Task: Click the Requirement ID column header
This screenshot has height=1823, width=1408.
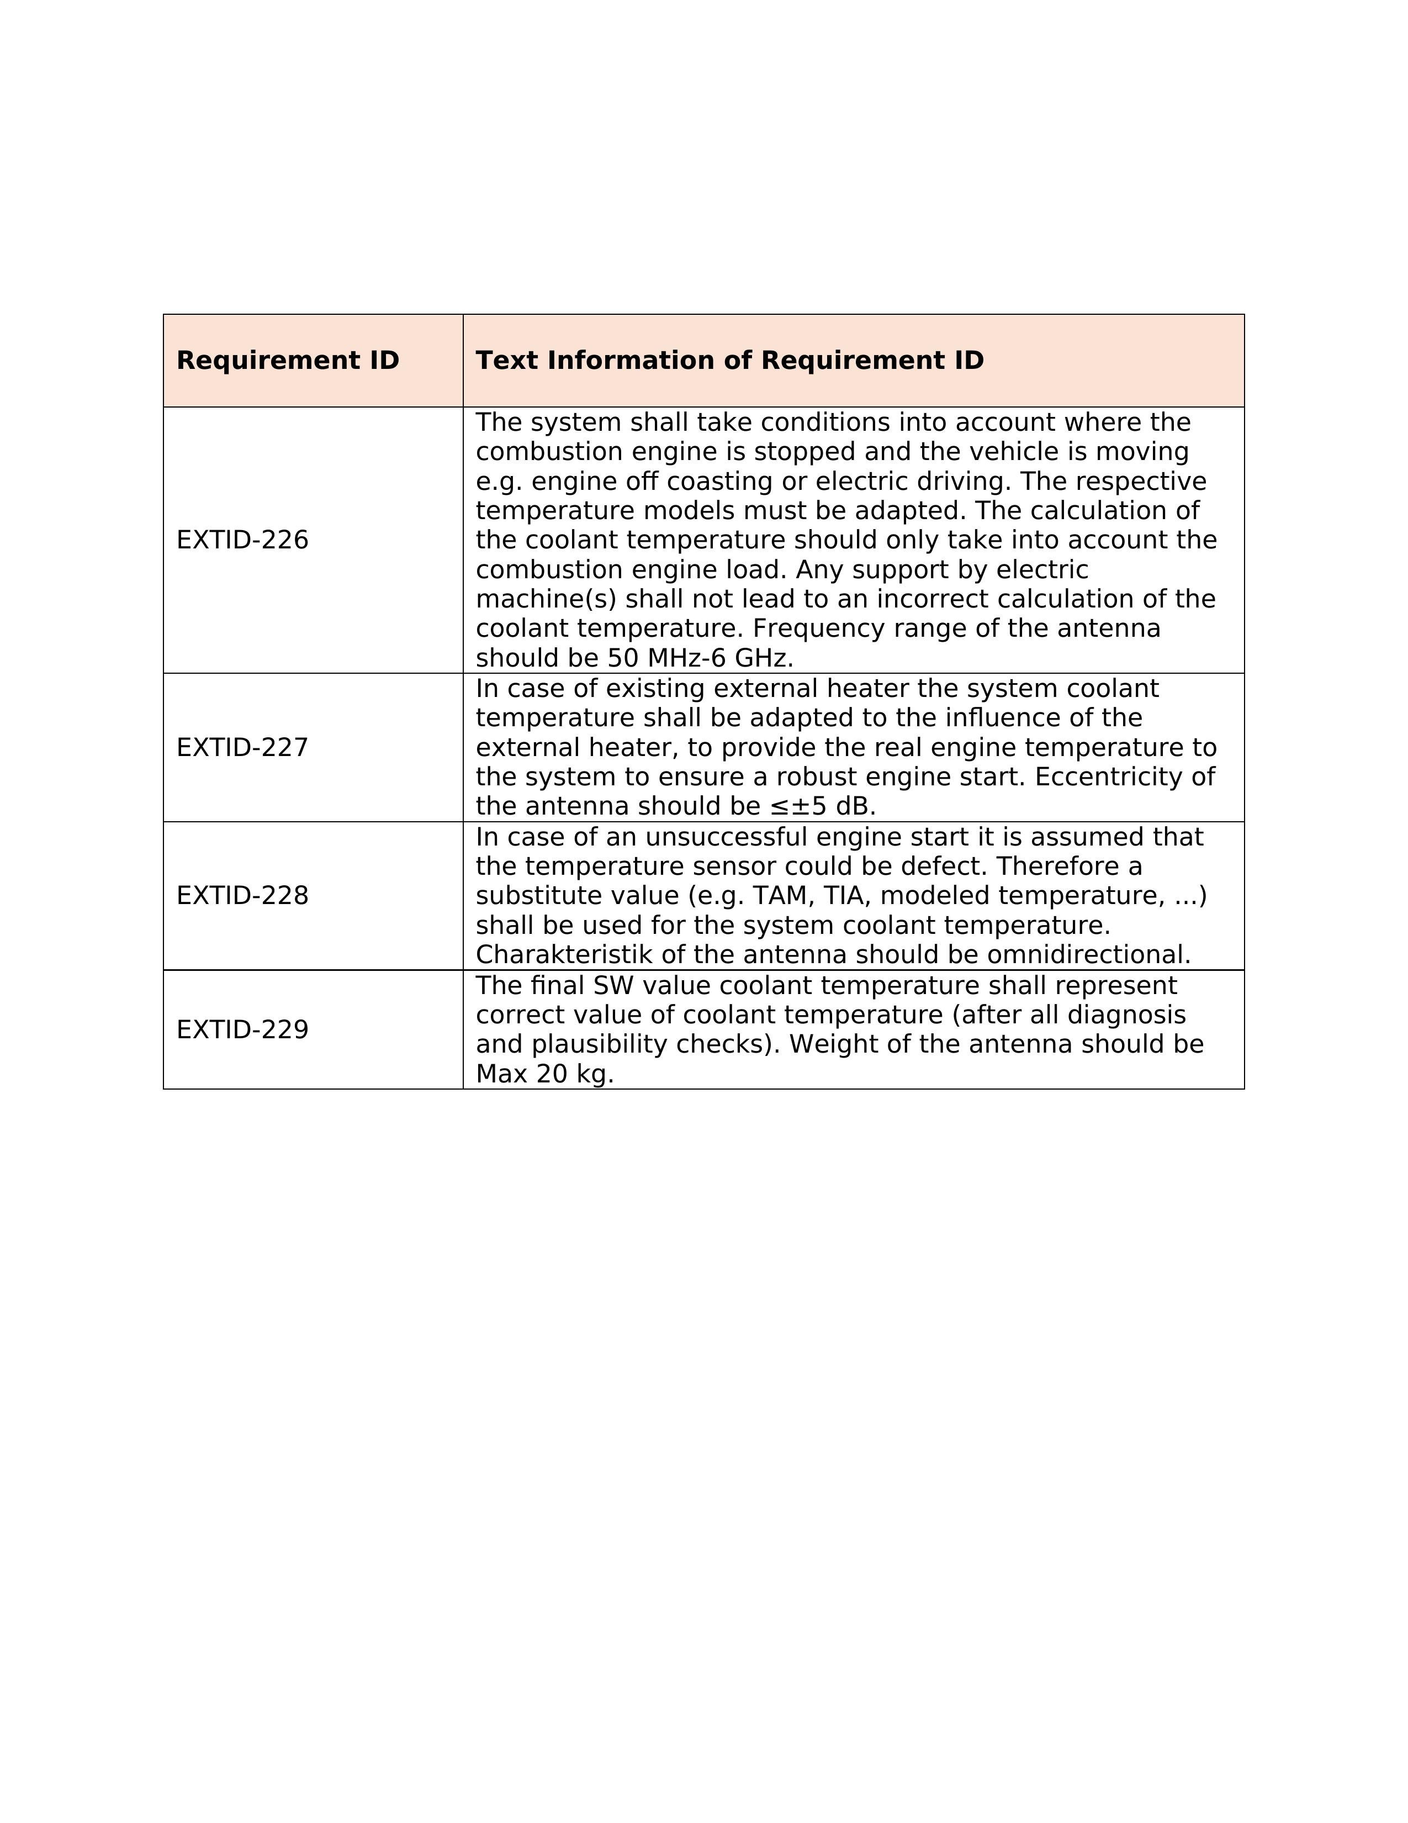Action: tap(288, 361)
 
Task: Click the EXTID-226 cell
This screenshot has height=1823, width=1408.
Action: tap(242, 540)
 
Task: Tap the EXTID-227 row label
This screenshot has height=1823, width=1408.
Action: tap(242, 747)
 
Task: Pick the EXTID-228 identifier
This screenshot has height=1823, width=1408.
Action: tap(242, 896)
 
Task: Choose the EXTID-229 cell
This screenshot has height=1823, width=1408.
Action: tap(242, 1030)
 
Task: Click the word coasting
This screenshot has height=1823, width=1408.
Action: tap(702, 482)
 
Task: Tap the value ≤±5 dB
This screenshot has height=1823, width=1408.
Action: tap(822, 806)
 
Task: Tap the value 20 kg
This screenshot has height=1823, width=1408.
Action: tap(574, 1074)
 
